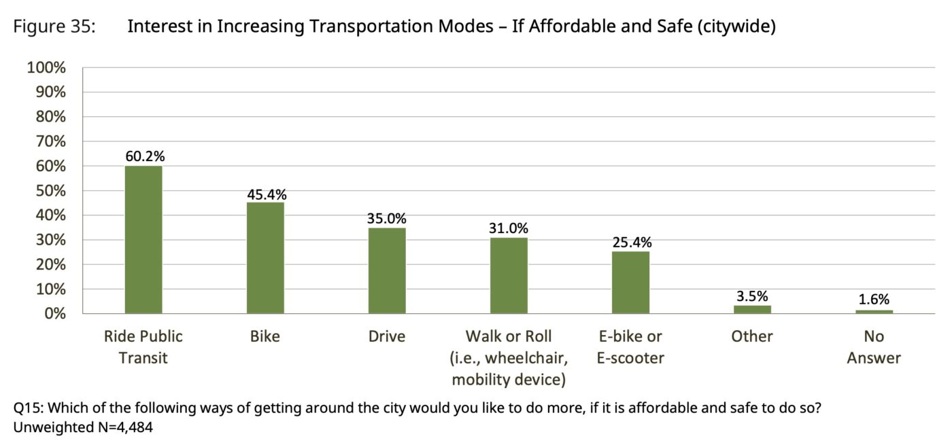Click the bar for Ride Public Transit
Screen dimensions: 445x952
(143, 240)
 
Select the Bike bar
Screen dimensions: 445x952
(265, 258)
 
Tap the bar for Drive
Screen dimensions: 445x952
(387, 270)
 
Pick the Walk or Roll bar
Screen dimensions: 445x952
(509, 275)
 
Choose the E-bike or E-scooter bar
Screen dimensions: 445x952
(630, 283)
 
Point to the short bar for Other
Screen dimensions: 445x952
(752, 310)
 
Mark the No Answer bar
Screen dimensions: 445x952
(874, 311)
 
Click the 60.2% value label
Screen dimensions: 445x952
(144, 156)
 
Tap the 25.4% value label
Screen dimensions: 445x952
(631, 243)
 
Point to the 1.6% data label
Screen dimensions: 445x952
(873, 300)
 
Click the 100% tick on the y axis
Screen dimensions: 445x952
(46, 68)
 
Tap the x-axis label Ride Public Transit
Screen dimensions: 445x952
(143, 346)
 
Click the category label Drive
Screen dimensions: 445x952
(387, 336)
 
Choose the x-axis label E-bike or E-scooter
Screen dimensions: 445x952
(630, 346)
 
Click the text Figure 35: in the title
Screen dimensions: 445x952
(54, 27)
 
